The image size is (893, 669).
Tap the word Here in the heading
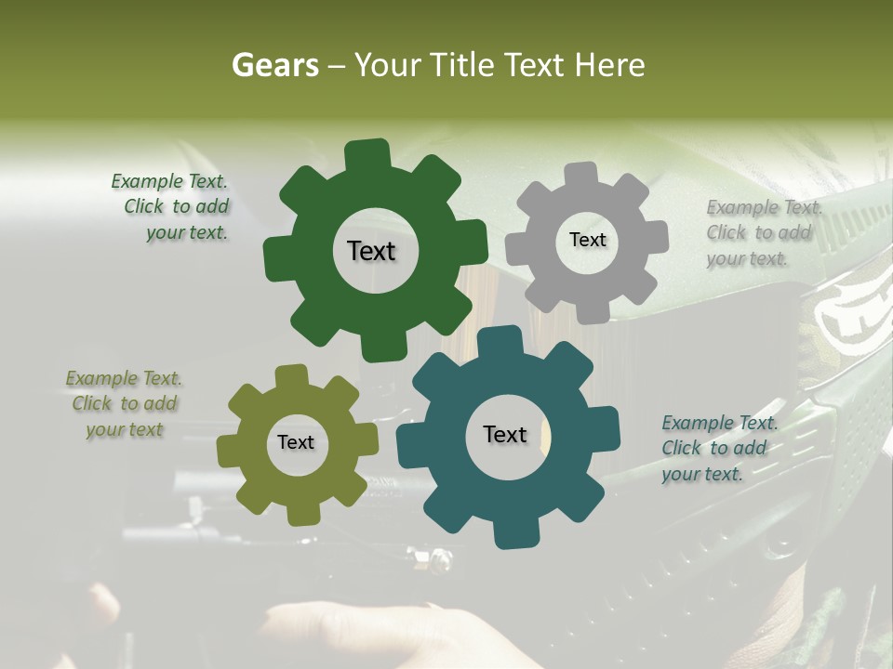[x=609, y=65]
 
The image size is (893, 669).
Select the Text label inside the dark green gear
[x=371, y=251]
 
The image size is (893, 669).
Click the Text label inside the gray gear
[x=587, y=240]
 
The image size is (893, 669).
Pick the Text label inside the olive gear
[x=296, y=442]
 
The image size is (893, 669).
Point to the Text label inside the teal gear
[x=505, y=434]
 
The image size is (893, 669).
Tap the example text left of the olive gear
[x=125, y=404]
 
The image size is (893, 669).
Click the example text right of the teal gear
[x=718, y=449]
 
